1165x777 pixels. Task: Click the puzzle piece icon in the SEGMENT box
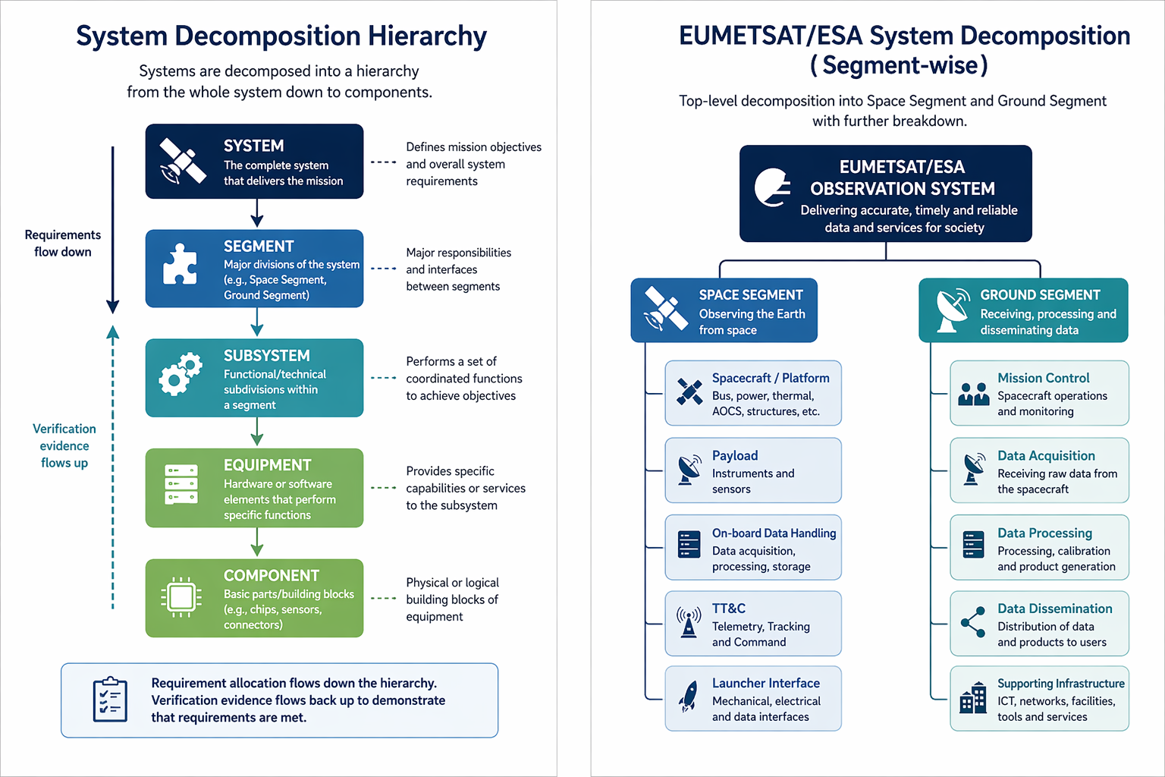[180, 264]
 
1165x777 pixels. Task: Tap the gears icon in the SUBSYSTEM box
[180, 373]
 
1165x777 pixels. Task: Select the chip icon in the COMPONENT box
[181, 597]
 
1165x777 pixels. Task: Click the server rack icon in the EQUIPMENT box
[181, 485]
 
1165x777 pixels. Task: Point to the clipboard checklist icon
[110, 699]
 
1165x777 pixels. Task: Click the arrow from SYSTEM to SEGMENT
[257, 213]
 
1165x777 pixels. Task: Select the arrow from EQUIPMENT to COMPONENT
[257, 542]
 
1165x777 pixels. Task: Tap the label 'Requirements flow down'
[63, 243]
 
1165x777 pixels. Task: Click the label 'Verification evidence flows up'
[64, 445]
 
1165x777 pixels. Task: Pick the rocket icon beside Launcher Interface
[688, 697]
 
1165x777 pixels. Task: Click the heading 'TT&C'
[729, 609]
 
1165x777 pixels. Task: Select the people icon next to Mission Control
[974, 394]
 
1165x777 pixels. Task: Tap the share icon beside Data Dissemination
[973, 622]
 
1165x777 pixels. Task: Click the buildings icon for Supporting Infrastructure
[973, 697]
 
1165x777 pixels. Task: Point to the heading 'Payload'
[735, 455]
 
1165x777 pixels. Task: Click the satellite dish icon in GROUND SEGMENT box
[953, 310]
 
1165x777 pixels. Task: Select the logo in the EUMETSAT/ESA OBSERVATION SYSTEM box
[772, 187]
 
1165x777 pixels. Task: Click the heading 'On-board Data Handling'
[774, 533]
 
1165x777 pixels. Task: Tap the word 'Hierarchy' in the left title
[427, 36]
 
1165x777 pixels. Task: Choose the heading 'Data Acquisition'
[1046, 456]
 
